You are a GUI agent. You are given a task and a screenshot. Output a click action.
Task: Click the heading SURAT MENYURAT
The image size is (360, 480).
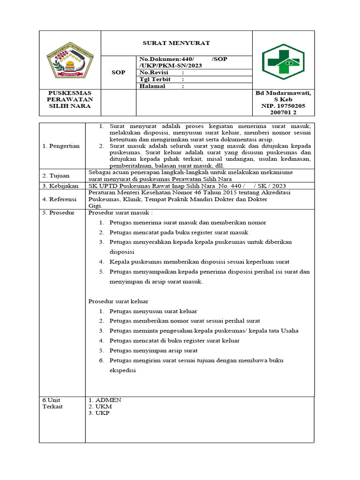(176, 43)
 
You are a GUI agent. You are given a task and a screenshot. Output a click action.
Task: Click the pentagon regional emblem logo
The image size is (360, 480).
(70, 60)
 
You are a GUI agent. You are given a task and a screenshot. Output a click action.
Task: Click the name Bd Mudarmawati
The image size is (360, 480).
(283, 93)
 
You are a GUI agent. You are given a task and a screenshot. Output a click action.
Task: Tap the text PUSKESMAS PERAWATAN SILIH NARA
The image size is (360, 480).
(70, 99)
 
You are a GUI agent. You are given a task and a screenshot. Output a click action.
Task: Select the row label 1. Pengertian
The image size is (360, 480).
(61, 146)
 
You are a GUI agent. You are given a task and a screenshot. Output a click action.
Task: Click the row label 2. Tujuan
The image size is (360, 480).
(56, 176)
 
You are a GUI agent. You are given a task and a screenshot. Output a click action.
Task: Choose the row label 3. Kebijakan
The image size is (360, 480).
(60, 186)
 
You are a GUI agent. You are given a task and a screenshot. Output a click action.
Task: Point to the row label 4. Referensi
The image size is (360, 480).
(60, 199)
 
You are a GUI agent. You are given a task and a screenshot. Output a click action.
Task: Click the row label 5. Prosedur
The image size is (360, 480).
(58, 213)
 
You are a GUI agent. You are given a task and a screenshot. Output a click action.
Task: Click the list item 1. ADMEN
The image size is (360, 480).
(105, 400)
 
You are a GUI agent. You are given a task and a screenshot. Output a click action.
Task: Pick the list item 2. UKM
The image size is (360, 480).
(100, 406)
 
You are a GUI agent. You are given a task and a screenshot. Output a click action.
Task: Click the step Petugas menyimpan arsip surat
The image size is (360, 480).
(153, 350)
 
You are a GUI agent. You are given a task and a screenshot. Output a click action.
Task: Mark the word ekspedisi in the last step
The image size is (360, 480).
(123, 370)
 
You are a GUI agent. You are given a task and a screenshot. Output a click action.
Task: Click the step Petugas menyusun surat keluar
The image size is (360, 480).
(153, 311)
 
